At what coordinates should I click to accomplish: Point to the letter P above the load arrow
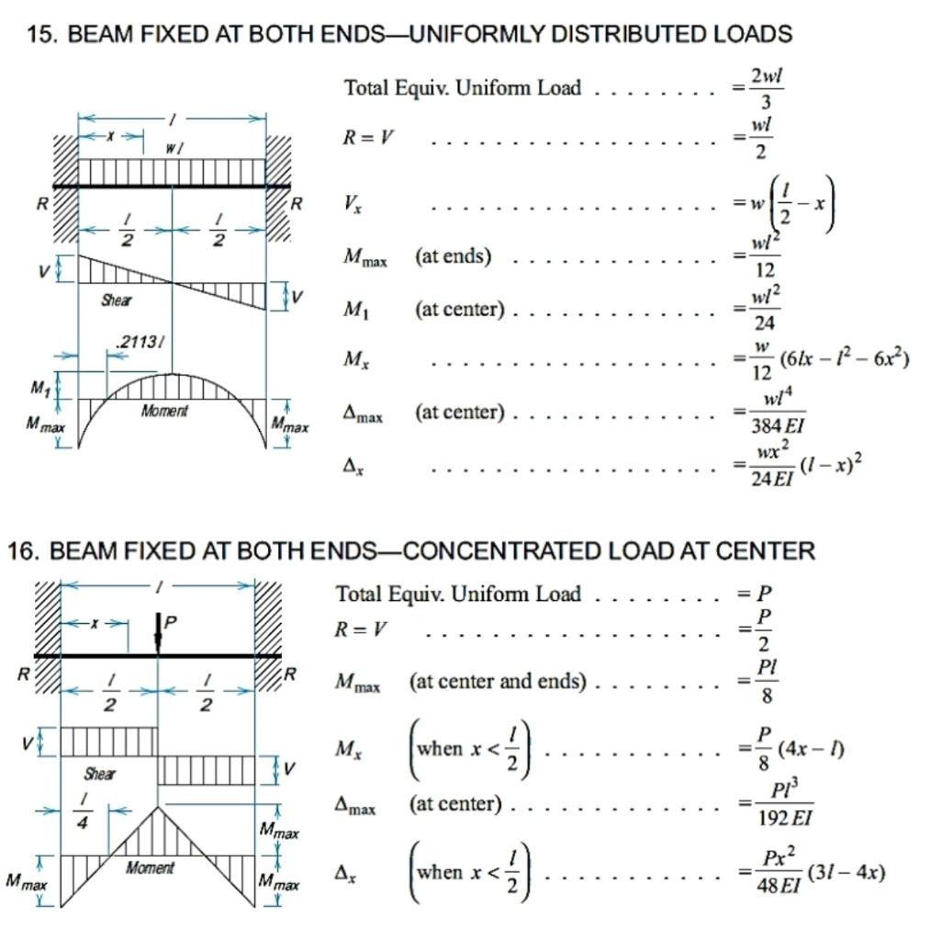click(x=171, y=621)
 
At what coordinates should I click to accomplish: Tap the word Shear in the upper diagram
click(x=117, y=300)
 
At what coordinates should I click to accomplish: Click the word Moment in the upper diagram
click(x=164, y=412)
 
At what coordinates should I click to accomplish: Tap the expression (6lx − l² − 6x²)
click(x=844, y=358)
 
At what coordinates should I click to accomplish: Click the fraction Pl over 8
click(x=768, y=682)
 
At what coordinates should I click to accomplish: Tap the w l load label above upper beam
click(x=174, y=147)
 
